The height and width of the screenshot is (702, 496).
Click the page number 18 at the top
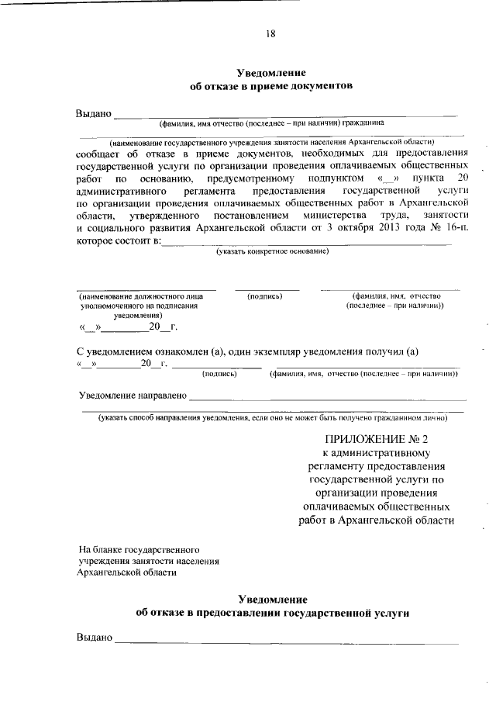[x=270, y=33]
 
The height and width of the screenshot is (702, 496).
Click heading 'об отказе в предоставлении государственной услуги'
[x=271, y=613]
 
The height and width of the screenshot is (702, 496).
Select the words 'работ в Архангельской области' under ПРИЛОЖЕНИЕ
[x=375, y=520]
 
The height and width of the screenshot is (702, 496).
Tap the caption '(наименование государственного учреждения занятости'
[x=271, y=142]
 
